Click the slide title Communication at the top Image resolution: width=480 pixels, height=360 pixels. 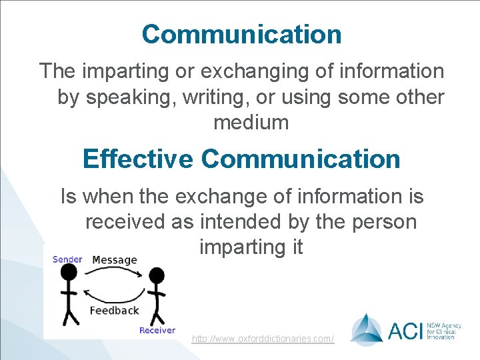241,35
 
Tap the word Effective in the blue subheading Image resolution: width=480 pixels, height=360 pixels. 137,159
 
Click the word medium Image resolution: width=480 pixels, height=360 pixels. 251,123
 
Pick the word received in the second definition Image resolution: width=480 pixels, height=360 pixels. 125,221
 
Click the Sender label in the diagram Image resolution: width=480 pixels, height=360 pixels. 67,259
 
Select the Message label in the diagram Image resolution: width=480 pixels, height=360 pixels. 115,260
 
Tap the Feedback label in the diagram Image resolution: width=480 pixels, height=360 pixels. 114,310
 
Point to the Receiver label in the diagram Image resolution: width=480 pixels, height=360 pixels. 157,330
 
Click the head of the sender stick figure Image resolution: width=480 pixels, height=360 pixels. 69,271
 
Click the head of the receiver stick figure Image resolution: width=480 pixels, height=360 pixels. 156,275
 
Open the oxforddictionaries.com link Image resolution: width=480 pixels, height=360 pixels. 263,339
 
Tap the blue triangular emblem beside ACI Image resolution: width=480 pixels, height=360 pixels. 367,329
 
